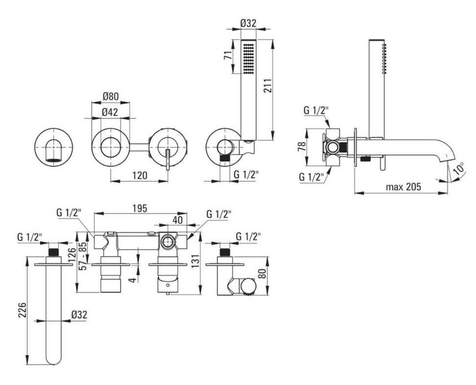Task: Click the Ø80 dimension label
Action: (110, 96)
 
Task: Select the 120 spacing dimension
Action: (140, 176)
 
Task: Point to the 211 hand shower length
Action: (267, 86)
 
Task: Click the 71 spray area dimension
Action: (228, 55)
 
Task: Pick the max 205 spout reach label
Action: (403, 187)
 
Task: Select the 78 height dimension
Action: (302, 147)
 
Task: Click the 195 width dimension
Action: (140, 208)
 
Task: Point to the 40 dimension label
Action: (178, 220)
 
